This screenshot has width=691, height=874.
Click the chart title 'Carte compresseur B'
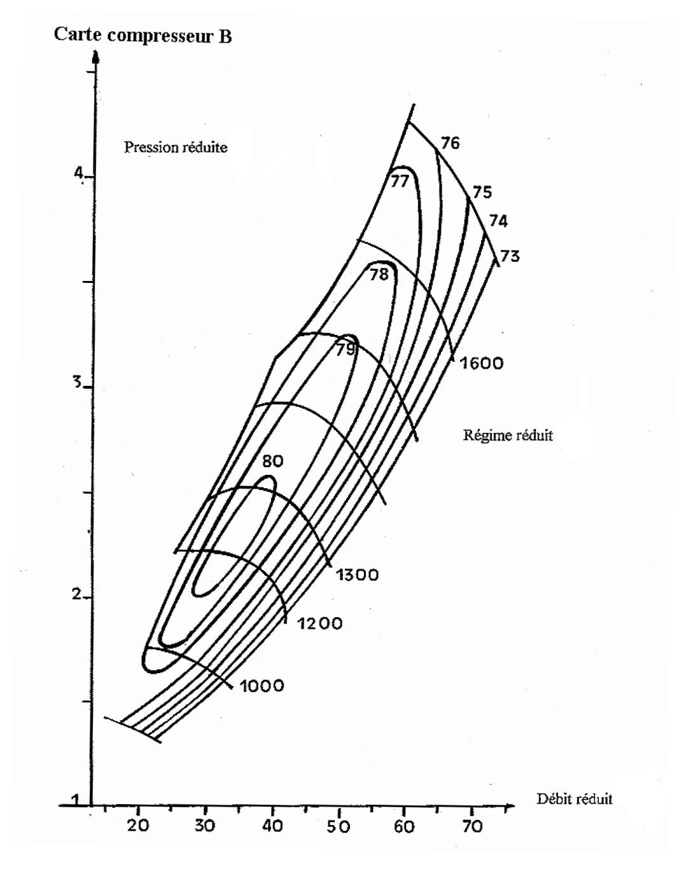[x=143, y=36]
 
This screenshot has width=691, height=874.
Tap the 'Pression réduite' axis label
[x=176, y=147]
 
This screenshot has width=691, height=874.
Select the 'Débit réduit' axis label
[x=575, y=798]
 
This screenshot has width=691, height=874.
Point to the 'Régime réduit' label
[x=508, y=435]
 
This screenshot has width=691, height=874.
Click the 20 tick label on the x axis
[x=138, y=825]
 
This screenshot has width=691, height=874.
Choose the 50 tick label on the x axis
[x=339, y=826]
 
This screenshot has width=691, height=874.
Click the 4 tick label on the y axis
[x=78, y=174]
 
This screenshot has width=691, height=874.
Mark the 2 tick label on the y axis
[x=76, y=594]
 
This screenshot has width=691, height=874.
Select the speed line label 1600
[x=482, y=363]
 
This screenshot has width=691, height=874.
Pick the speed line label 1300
[x=357, y=575]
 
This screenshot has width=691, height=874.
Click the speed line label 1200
[x=320, y=624]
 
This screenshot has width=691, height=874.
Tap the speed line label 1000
[x=262, y=686]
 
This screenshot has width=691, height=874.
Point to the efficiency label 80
[x=272, y=461]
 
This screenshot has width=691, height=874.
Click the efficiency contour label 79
[x=345, y=349]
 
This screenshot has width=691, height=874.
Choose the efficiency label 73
[x=510, y=256]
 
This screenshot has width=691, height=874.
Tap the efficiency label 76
[x=450, y=143]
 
